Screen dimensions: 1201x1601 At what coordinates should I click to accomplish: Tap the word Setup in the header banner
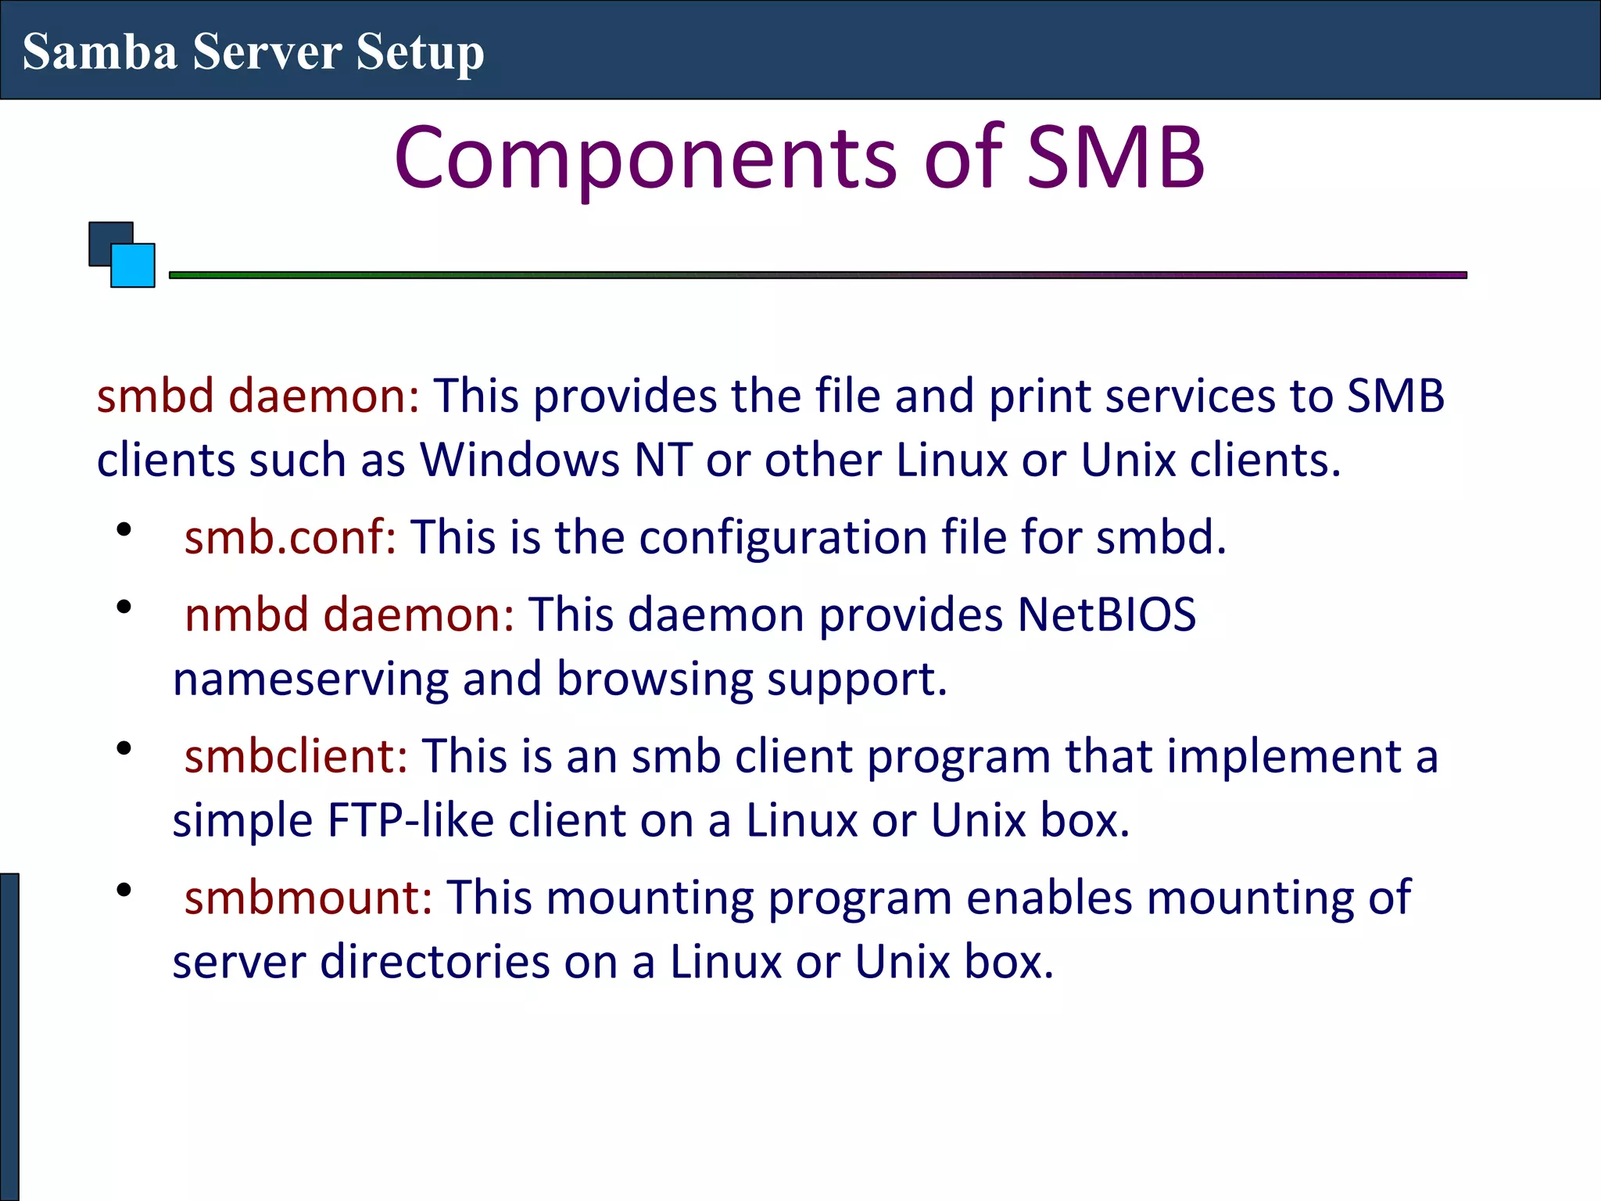[420, 53]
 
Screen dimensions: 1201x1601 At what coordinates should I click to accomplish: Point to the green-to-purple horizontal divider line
[817, 275]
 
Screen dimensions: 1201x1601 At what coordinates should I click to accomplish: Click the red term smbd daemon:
[258, 396]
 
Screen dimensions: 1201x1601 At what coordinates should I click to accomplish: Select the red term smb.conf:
[290, 537]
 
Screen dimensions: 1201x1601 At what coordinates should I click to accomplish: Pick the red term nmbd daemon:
[349, 615]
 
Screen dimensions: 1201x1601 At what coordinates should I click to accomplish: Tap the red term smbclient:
[295, 756]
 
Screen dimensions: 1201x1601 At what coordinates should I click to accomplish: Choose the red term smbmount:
[308, 898]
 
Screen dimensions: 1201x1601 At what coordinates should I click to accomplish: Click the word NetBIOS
[1106, 615]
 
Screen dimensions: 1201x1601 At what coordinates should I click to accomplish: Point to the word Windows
[520, 460]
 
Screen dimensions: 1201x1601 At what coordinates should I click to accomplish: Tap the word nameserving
[310, 679]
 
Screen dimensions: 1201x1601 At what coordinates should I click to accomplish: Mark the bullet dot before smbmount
[124, 890]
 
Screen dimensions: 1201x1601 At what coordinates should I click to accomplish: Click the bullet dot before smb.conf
[124, 529]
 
